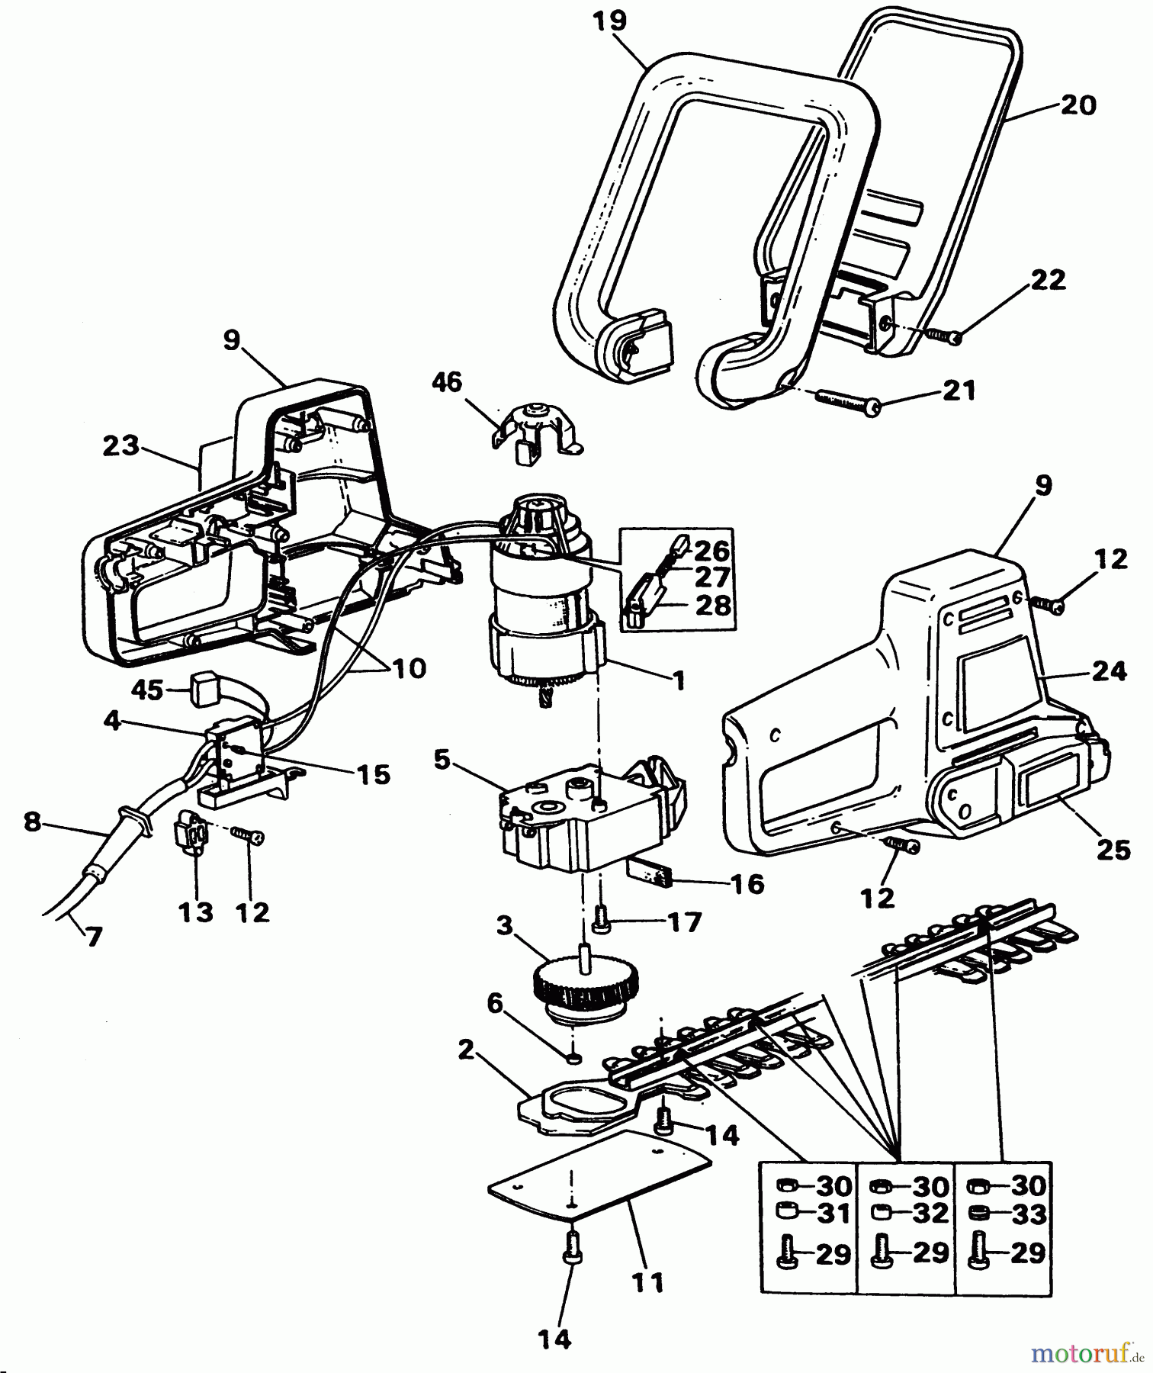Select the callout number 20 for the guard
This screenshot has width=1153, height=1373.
[1078, 105]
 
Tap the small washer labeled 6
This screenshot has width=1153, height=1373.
[573, 1058]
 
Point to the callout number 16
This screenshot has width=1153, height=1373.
[747, 884]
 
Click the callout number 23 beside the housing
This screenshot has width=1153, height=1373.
[120, 445]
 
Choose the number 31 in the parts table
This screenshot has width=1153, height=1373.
[833, 1213]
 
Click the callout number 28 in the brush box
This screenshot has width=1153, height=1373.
[713, 606]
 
